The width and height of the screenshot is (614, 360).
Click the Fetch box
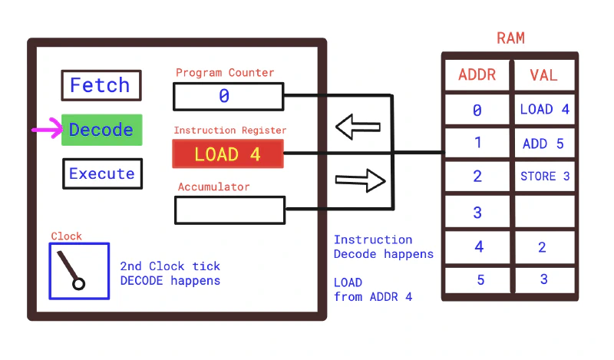(x=101, y=85)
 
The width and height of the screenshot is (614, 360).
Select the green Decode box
(x=101, y=130)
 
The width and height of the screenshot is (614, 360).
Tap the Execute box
(x=101, y=173)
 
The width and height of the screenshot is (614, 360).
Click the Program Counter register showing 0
(x=228, y=96)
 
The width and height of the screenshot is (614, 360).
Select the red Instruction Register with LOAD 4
(x=228, y=154)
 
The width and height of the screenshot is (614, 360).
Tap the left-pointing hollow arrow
(x=358, y=127)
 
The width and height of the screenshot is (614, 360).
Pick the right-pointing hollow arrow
(x=359, y=181)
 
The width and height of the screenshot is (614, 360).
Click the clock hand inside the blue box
(x=70, y=269)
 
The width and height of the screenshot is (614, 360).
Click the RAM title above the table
(x=510, y=38)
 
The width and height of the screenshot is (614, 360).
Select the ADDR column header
(x=477, y=75)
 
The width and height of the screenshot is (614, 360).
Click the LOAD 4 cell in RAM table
(x=544, y=109)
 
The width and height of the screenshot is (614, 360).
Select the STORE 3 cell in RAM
(x=544, y=177)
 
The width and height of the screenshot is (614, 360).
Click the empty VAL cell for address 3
(x=544, y=212)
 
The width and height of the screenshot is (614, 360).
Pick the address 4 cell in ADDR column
(x=477, y=247)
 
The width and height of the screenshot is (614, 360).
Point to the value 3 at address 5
(x=544, y=279)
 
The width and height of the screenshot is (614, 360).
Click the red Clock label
(x=66, y=236)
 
